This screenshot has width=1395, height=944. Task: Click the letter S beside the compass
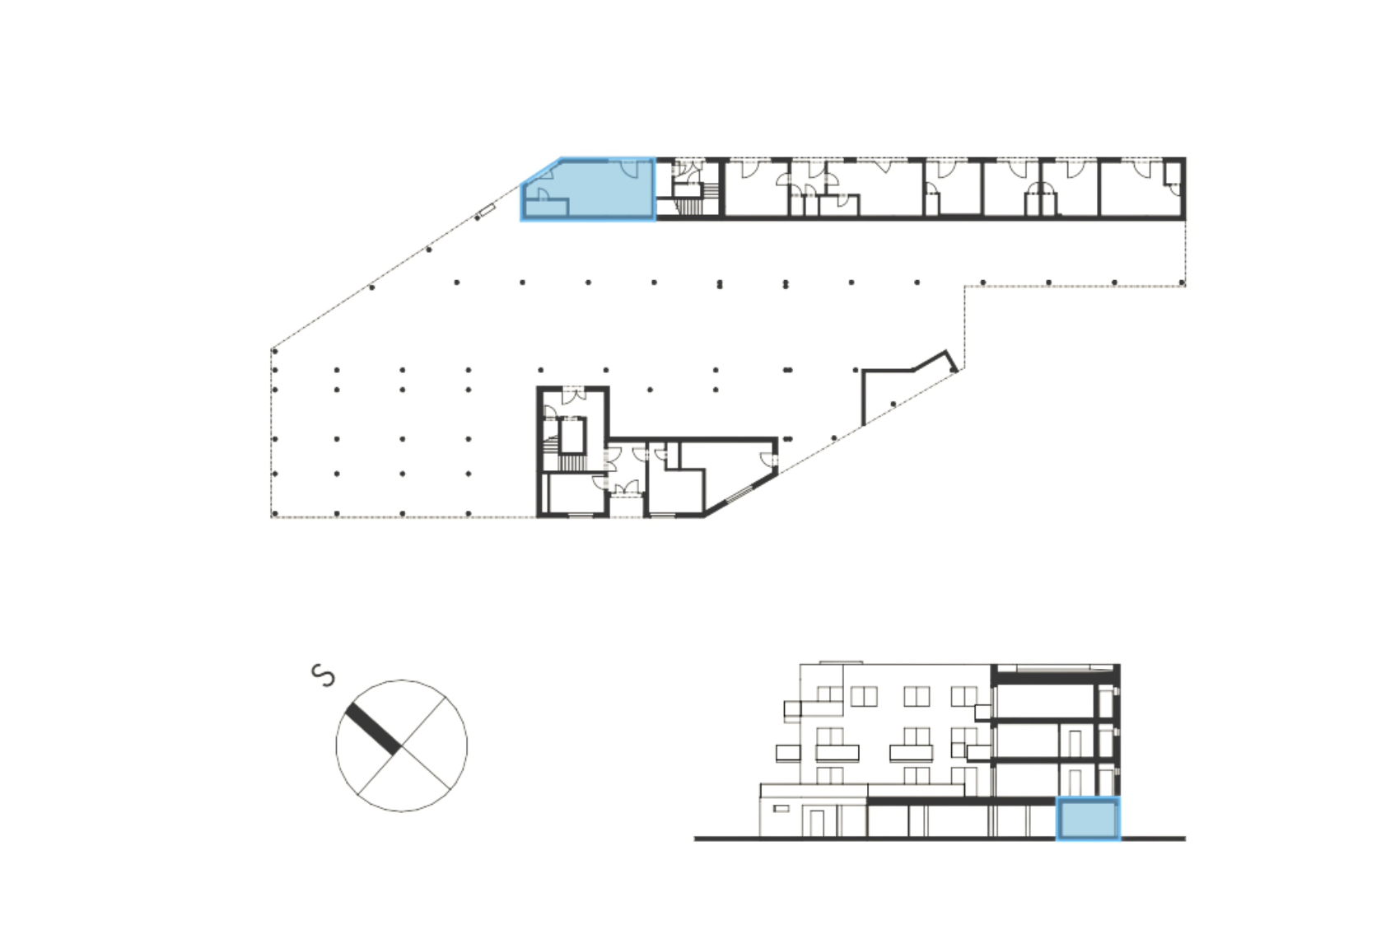324,675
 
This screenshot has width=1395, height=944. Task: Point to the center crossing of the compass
401,745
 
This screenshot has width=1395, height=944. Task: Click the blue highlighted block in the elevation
1088,820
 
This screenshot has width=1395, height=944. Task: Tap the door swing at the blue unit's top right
630,169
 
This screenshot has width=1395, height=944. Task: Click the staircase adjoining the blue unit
686,188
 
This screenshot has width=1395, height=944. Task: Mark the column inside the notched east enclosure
893,403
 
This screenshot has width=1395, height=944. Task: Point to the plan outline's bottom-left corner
271,516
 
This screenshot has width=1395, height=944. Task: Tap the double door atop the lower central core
573,395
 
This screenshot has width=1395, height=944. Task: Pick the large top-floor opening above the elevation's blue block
1046,700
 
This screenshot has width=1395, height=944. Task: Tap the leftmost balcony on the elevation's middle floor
786,751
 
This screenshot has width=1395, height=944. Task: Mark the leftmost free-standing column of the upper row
456,283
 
